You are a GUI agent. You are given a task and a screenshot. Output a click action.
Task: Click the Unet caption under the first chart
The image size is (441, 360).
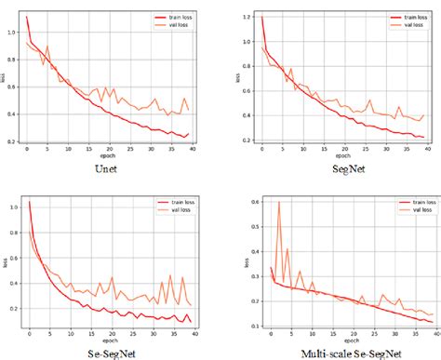109,169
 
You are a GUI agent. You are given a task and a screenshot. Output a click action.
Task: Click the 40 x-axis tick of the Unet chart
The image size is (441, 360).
191,150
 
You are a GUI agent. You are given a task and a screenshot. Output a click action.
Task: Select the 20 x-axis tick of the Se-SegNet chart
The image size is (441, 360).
110,332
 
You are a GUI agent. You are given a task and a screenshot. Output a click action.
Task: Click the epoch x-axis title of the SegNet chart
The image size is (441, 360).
330,155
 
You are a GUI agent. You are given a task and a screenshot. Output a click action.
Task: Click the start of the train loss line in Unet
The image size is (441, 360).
27,16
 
